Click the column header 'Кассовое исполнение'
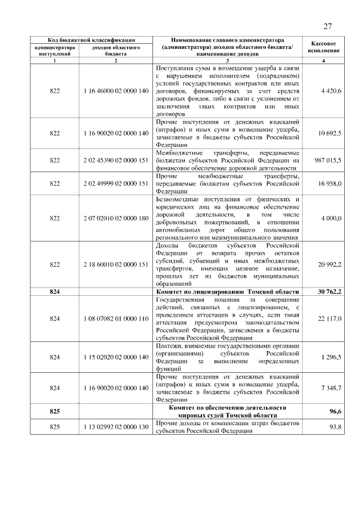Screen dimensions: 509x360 point(323,47)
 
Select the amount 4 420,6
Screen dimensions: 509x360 point(331,91)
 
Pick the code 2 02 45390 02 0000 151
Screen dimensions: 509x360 point(115,160)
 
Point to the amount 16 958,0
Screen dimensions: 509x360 point(330,183)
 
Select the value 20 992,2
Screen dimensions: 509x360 point(330,264)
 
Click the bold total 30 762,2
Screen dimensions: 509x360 point(330,291)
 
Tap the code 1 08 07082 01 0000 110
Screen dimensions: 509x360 point(115,318)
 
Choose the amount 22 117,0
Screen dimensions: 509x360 point(330,318)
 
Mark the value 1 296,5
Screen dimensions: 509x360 point(331,357)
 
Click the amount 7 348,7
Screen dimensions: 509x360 point(331,388)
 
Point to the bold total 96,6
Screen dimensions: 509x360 point(336,411)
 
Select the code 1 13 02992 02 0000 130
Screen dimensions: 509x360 point(115,427)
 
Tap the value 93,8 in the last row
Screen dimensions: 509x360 point(336,427)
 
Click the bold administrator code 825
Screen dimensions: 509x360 point(55,411)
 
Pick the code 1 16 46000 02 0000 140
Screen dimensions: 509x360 point(115,91)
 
